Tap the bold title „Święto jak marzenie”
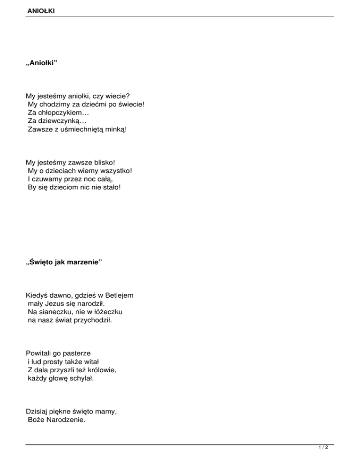[64, 263]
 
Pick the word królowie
[99, 370]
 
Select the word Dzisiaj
[38, 412]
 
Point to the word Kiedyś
[37, 296]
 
